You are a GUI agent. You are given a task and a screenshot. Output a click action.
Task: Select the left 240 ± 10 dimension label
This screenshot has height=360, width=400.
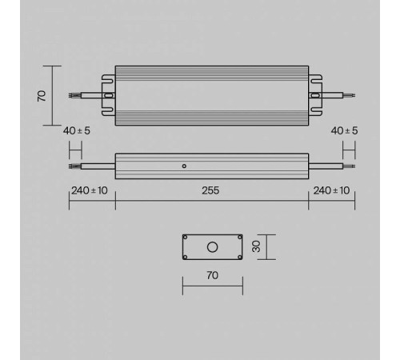pyautogui.click(x=89, y=191)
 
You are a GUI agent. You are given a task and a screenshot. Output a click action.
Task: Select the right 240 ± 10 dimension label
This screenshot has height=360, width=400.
pyautogui.click(x=331, y=191)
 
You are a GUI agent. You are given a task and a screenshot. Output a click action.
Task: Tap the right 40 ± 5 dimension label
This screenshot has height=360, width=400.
pyautogui.click(x=343, y=130)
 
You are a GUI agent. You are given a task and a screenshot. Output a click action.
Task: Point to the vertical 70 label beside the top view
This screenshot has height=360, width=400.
pyautogui.click(x=42, y=94)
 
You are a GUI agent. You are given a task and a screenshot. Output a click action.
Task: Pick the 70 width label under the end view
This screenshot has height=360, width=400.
pyautogui.click(x=212, y=276)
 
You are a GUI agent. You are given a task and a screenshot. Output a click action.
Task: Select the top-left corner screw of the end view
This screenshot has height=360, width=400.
pyautogui.click(x=186, y=238)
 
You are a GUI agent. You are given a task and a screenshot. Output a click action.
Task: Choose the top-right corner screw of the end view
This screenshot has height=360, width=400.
pyautogui.click(x=238, y=238)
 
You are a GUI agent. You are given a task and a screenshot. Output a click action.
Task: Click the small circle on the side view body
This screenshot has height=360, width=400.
pyautogui.click(x=184, y=166)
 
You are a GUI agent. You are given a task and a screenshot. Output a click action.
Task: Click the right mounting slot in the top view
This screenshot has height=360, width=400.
pyautogui.click(x=315, y=94)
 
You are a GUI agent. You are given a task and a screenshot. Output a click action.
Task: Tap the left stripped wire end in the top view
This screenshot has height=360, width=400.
pyautogui.click(x=74, y=94)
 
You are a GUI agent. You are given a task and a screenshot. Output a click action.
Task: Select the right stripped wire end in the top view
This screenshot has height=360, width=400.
pyautogui.click(x=350, y=94)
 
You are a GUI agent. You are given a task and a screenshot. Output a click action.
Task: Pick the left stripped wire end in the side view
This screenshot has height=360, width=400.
pyautogui.click(x=74, y=166)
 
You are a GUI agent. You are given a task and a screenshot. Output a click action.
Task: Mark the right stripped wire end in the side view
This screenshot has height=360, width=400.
pyautogui.click(x=349, y=166)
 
